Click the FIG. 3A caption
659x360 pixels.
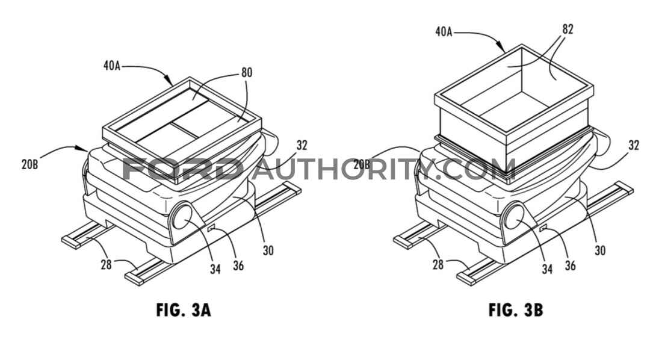point(184,310)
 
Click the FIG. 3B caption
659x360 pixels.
point(516,310)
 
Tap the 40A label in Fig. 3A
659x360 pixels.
point(112,66)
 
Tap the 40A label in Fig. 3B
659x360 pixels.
point(444,31)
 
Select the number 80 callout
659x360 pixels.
point(247,73)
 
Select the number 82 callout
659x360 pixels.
point(568,29)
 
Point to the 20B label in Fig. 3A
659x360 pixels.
point(30,164)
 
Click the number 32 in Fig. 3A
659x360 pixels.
point(302,145)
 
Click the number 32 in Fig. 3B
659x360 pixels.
point(634,145)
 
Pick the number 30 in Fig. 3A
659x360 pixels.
point(268,250)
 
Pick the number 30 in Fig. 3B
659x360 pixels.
point(600,250)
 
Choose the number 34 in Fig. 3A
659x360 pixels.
point(215,268)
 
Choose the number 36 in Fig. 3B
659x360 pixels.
point(571,265)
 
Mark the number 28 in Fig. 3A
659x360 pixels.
point(106,264)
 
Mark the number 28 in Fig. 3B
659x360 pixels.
point(438,264)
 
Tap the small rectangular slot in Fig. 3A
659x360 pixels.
point(211,228)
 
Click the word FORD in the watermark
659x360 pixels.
point(181,170)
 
